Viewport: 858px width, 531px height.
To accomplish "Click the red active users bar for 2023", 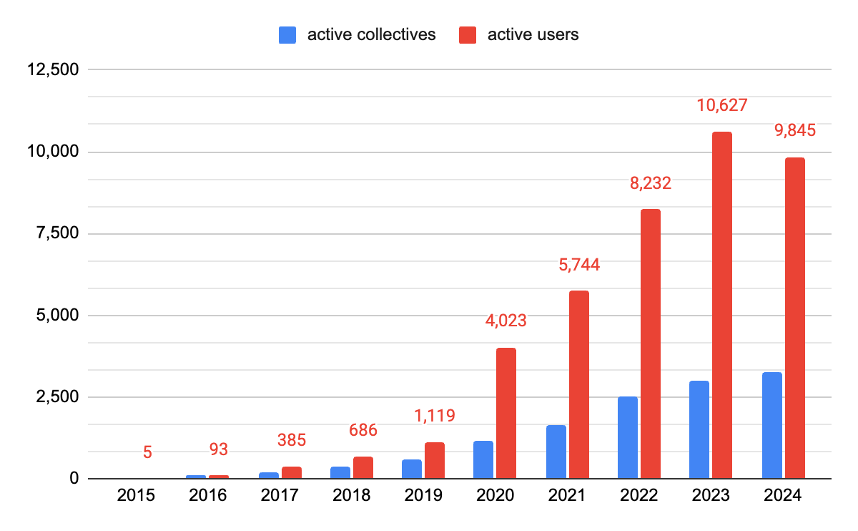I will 721,305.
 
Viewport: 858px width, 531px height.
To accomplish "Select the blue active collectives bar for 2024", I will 771,425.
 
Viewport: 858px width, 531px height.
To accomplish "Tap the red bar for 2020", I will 506,413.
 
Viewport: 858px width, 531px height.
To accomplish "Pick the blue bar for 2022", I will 627,437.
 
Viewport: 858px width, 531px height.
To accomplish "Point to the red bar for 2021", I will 578,384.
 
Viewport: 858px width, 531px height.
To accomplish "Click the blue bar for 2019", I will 411,469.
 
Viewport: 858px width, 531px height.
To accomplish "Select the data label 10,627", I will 721,106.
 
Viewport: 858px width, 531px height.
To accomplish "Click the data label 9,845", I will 794,131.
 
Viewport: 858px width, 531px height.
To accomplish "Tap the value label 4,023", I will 506,321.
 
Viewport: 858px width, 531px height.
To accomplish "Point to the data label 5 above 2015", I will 147,452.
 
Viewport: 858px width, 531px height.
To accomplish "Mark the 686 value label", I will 363,431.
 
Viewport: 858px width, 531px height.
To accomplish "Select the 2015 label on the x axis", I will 136,496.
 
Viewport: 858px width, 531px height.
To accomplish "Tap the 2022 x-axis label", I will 638,496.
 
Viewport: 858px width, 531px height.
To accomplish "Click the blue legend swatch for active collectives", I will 288,35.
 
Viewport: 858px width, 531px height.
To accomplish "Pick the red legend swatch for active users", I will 468,35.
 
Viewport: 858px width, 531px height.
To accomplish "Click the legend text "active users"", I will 533,35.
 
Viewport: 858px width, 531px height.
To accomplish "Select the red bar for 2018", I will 363,467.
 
